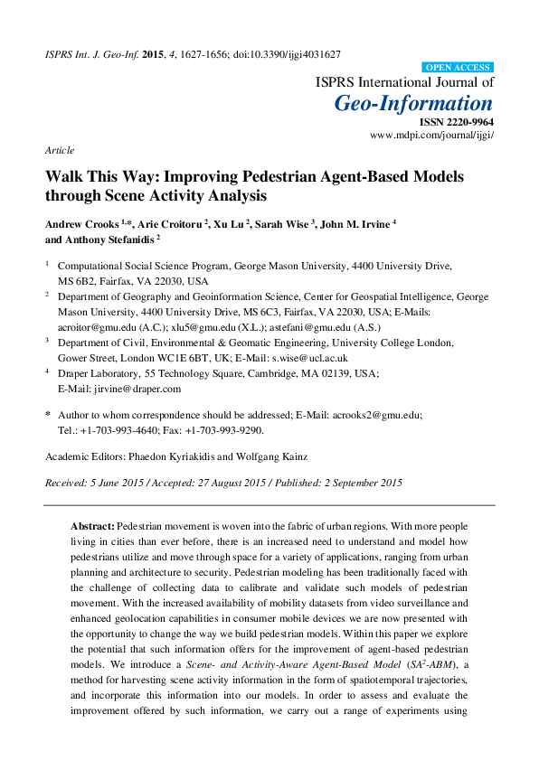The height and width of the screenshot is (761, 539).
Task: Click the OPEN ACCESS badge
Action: (458, 68)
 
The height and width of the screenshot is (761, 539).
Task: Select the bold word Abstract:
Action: (92, 525)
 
